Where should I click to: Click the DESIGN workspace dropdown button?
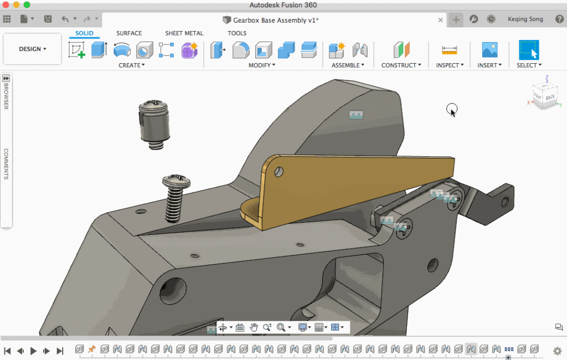32,49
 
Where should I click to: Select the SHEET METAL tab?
184,33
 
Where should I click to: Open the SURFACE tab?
129,33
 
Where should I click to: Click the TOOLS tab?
237,33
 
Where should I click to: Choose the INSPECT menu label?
450,65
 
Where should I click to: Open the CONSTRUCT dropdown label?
401,65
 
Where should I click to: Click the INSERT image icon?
489,50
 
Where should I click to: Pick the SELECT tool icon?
529,50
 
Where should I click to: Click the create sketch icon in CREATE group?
76,50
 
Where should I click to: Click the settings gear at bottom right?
557,351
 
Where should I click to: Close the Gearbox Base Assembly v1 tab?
441,20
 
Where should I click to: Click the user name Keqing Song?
525,19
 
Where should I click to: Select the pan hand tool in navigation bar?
254,327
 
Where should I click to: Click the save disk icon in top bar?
48,19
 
